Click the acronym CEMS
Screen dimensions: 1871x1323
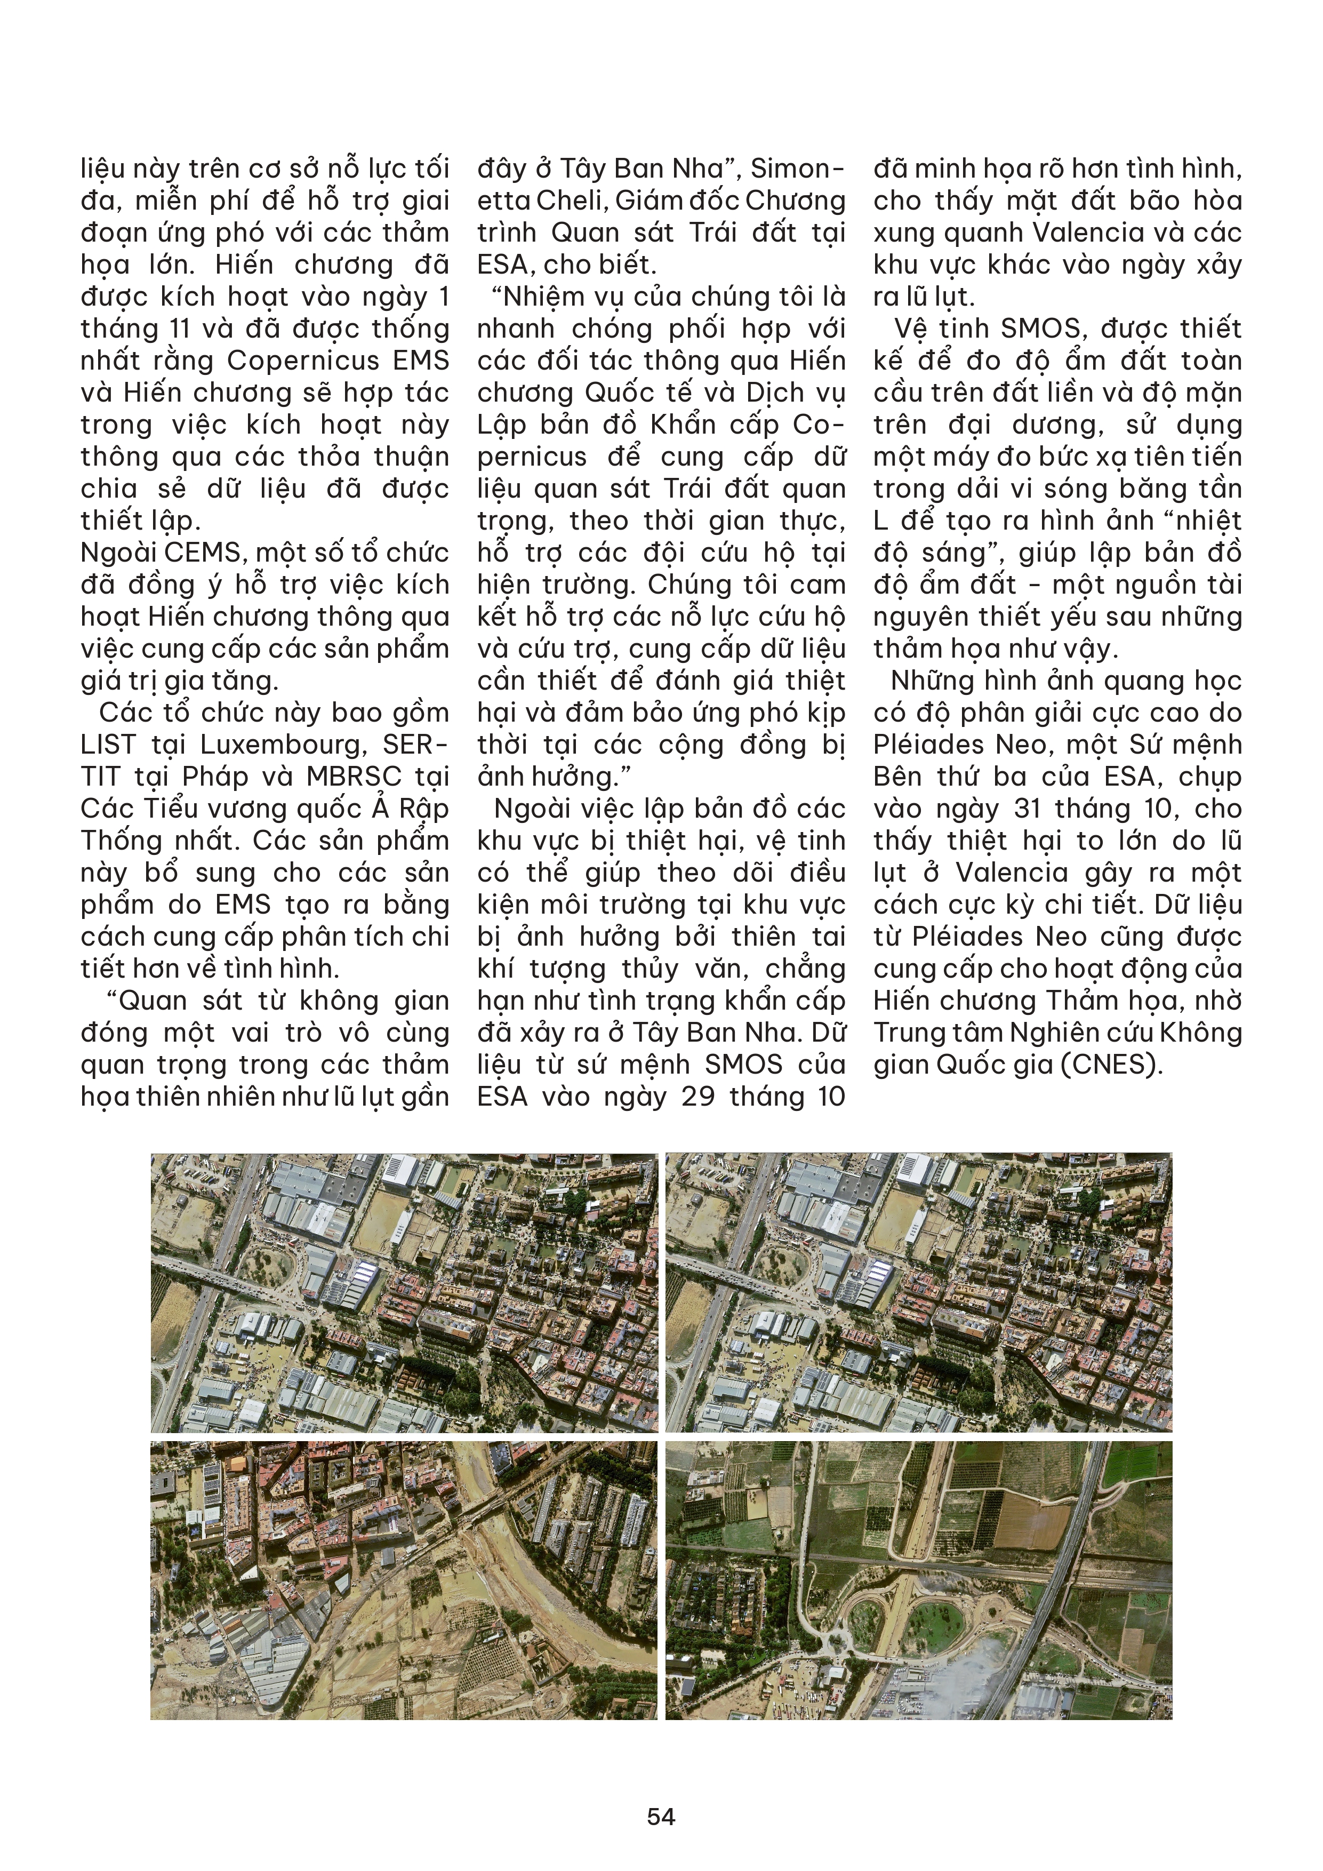[204, 553]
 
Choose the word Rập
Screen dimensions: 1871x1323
[424, 809]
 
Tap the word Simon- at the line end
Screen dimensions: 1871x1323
[798, 169]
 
